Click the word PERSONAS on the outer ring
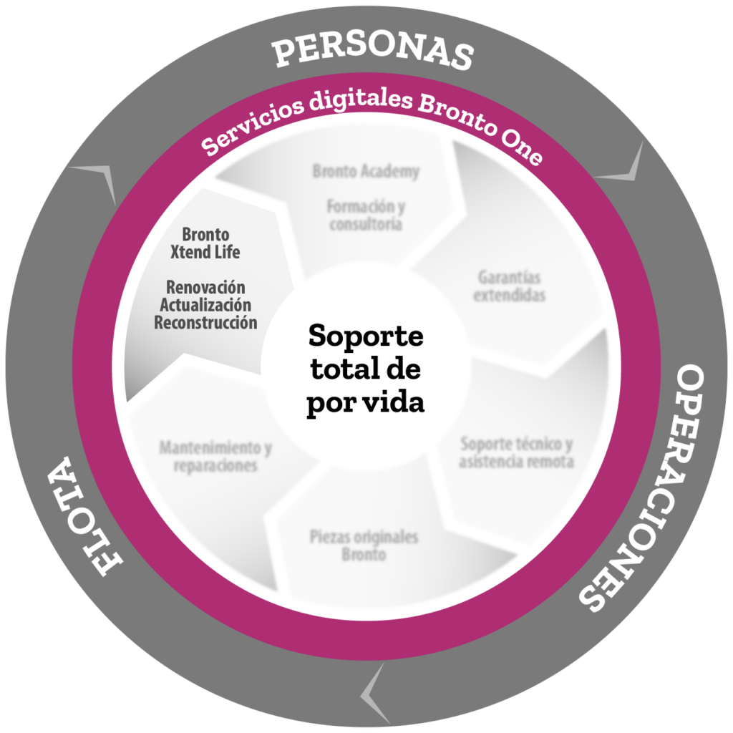pyautogui.click(x=373, y=52)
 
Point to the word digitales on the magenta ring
pyautogui.click(x=361, y=99)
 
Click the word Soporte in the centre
pyautogui.click(x=366, y=336)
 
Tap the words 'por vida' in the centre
pyautogui.click(x=366, y=403)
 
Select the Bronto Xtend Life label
pyautogui.click(x=205, y=243)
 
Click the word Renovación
pyautogui.click(x=205, y=287)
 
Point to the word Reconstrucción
pyautogui.click(x=205, y=323)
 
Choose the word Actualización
pyautogui.click(x=205, y=305)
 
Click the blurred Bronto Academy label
pyautogui.click(x=366, y=171)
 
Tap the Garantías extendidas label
pyautogui.click(x=509, y=286)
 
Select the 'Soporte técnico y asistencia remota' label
pyautogui.click(x=517, y=452)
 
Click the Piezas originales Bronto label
pyautogui.click(x=364, y=545)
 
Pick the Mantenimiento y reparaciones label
pyautogui.click(x=215, y=456)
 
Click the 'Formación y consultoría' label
pyautogui.click(x=366, y=215)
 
